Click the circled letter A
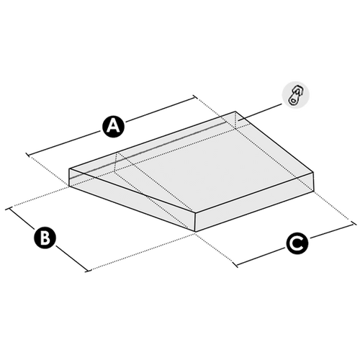tap(114, 126)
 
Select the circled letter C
tap(297, 243)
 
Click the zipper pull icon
tap(295, 95)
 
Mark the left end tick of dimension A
tap(28, 155)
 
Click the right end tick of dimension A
tap(195, 97)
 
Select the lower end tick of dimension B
tap(89, 270)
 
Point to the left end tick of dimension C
tap(236, 265)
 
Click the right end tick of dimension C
tap(353, 224)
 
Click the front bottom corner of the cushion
tap(195, 232)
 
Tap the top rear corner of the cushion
tap(235, 112)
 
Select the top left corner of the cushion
tap(69, 168)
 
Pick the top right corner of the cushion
tap(313, 172)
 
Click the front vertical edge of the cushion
tap(195, 222)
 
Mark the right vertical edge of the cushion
tap(313, 181)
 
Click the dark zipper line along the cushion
tap(148, 150)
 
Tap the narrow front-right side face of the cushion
tap(254, 202)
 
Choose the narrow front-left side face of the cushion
tap(132, 200)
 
